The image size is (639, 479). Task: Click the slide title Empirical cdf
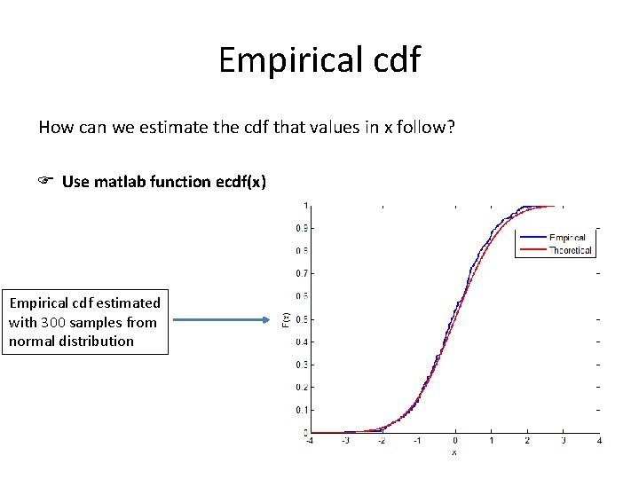pyautogui.click(x=319, y=60)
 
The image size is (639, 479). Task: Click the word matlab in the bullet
pyautogui.click(x=119, y=182)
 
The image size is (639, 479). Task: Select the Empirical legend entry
pyautogui.click(x=566, y=238)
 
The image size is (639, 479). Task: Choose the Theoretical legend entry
pyautogui.click(x=570, y=250)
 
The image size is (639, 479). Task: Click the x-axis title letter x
pyautogui.click(x=454, y=452)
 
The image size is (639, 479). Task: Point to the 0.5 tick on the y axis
pyautogui.click(x=302, y=319)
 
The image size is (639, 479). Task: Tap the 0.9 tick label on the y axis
pyautogui.click(x=302, y=228)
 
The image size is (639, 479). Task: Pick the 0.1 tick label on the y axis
pyautogui.click(x=302, y=410)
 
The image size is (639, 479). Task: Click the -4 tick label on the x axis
pyautogui.click(x=308, y=441)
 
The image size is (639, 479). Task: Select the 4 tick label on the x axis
pyautogui.click(x=600, y=441)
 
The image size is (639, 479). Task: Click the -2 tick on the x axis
pyautogui.click(x=382, y=441)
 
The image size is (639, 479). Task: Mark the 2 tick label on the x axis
pyautogui.click(x=527, y=441)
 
